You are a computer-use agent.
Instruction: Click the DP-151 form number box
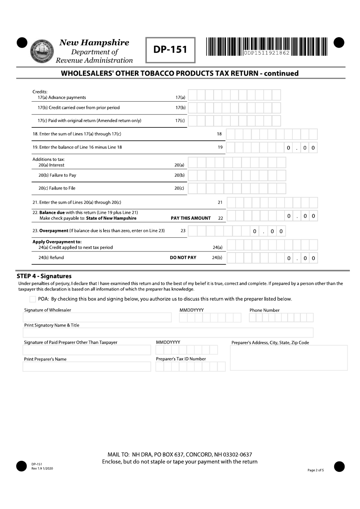pyautogui.click(x=170, y=50)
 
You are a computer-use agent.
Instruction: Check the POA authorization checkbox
pyautogui.click(x=33, y=299)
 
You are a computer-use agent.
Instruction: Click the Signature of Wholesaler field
pyautogui.click(x=97, y=317)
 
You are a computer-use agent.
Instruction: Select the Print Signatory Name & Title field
pyautogui.click(x=168, y=333)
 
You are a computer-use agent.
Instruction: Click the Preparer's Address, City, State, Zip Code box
pyautogui.click(x=289, y=358)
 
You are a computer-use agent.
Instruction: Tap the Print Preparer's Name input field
pyautogui.click(x=87, y=367)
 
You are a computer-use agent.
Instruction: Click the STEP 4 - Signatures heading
pyautogui.click(x=44, y=276)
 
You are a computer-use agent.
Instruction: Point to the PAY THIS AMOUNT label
pyautogui.click(x=191, y=218)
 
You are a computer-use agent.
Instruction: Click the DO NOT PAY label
pyautogui.click(x=183, y=258)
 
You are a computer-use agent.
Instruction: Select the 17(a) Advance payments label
pyautogui.click(x=62, y=97)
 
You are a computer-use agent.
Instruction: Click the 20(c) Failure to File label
pyautogui.click(x=57, y=188)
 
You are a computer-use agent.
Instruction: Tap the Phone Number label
pyautogui.click(x=265, y=310)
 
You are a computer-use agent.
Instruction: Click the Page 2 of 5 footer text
pyautogui.click(x=316, y=470)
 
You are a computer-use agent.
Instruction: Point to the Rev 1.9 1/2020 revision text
pyautogui.click(x=42, y=468)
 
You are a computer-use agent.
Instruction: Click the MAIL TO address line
pyautogui.click(x=180, y=454)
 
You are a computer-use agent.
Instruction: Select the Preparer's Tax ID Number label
pyautogui.click(x=181, y=359)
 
